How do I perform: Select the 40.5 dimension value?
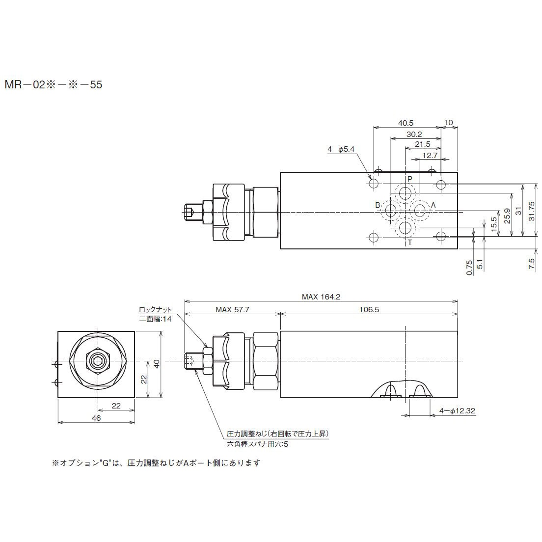coord(406,123)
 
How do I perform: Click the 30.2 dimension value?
coord(414,134)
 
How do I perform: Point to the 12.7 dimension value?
coord(429,155)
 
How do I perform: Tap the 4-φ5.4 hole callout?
coord(341,149)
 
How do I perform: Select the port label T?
coord(410,243)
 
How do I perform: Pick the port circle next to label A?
coord(420,211)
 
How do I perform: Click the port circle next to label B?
coord(391,211)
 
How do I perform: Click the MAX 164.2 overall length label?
coord(321,297)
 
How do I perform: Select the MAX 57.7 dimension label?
coord(232,310)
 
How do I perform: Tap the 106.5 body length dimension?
coord(369,310)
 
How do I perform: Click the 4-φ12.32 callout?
coord(457,410)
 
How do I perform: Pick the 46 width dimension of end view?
coord(96,418)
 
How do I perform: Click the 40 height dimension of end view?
coord(156,364)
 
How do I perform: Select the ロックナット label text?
coord(155,309)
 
